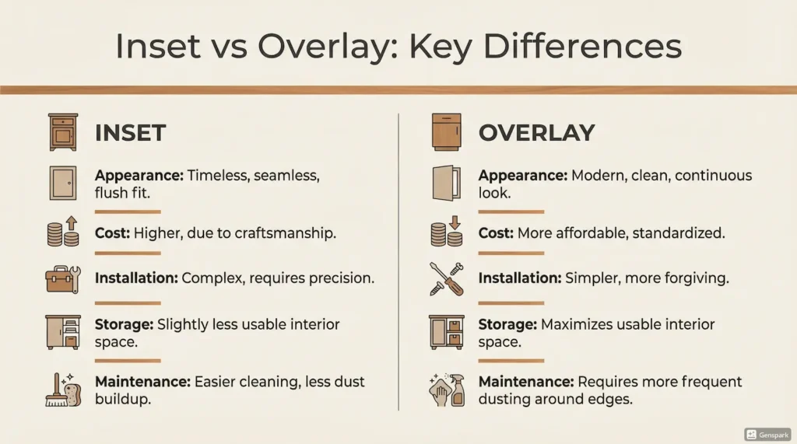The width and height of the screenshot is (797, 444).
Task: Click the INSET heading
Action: tap(130, 133)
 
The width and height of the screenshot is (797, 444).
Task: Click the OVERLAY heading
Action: tap(536, 133)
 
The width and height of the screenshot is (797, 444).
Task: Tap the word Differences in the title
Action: tap(582, 46)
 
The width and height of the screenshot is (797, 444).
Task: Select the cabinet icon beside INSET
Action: tap(64, 132)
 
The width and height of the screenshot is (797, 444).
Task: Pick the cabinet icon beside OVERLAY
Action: tap(447, 132)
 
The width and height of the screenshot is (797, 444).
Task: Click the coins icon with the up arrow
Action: tap(64, 231)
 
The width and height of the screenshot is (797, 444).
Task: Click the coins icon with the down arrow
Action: tap(447, 231)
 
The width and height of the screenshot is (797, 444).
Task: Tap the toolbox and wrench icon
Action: tap(64, 279)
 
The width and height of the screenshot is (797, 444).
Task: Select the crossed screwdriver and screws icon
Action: tap(447, 279)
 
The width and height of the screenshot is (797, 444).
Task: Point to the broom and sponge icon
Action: tap(64, 390)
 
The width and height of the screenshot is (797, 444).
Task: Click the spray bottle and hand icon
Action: tap(447, 390)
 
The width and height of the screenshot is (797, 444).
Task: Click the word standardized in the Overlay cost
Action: tap(679, 233)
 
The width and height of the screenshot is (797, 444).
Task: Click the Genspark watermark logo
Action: tap(767, 435)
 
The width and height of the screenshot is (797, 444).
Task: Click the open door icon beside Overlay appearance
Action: tap(447, 183)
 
